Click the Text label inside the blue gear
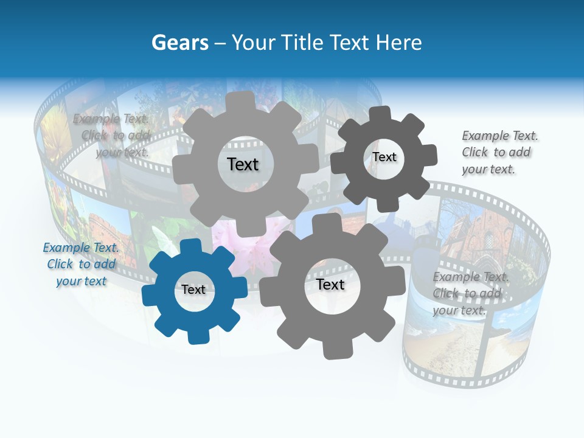[x=193, y=290]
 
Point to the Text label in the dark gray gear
[x=384, y=157]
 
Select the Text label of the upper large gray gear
[x=243, y=164]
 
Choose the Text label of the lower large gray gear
[x=330, y=284]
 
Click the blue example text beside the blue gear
[x=81, y=264]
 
